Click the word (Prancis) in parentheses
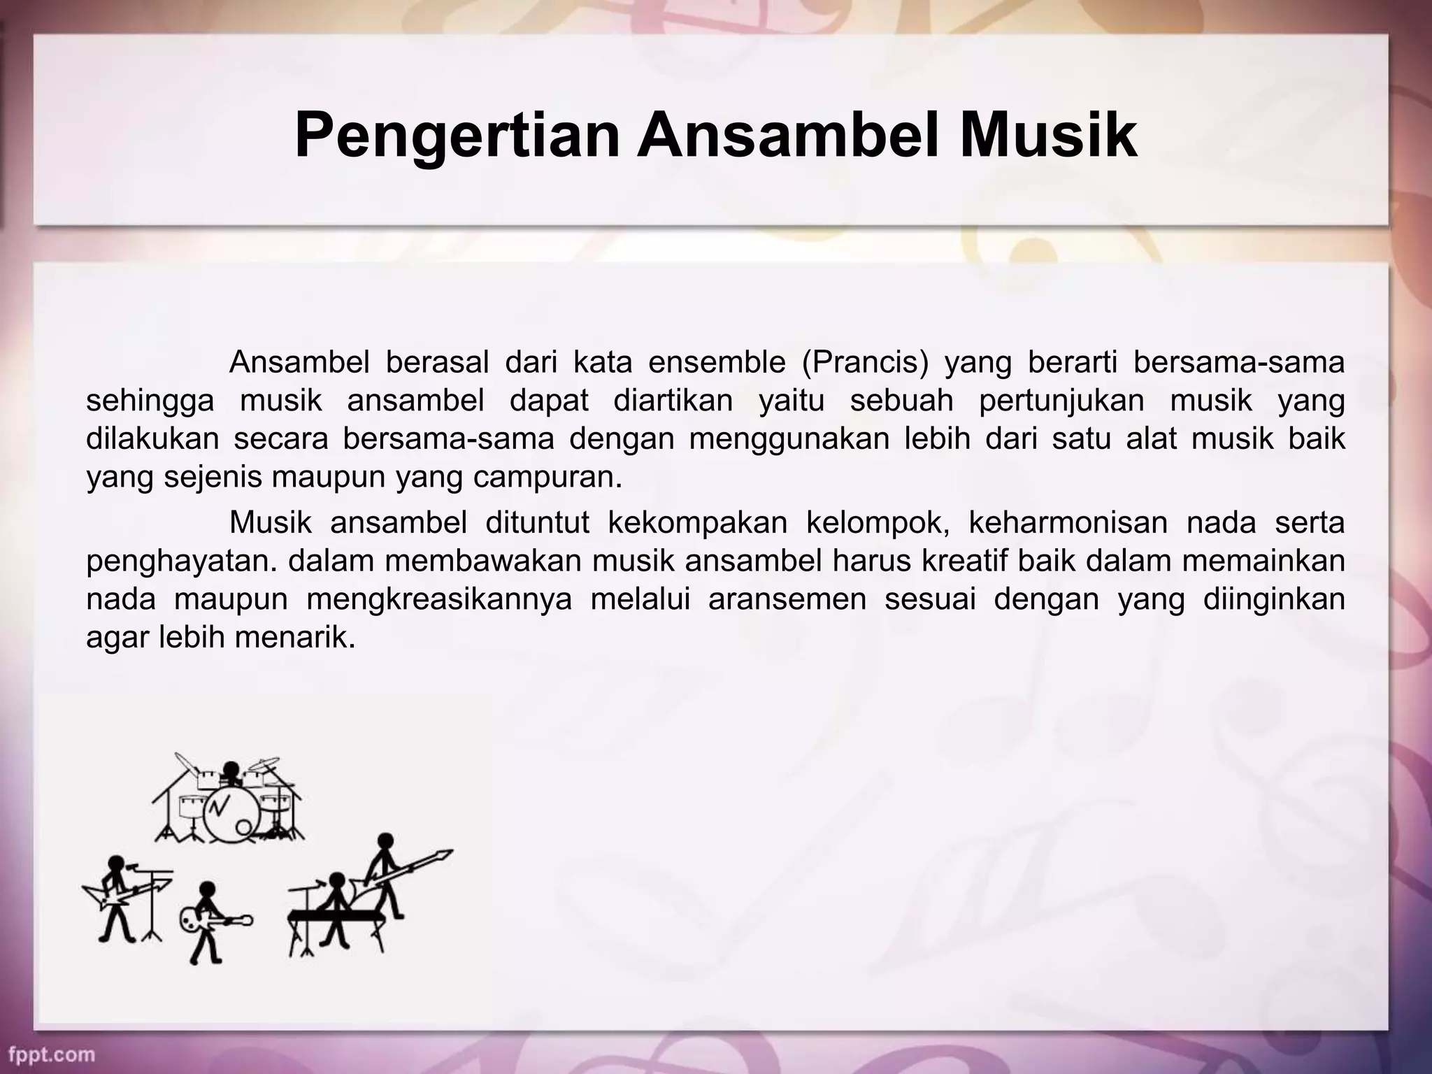coord(865,363)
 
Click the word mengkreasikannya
coord(438,600)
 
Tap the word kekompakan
coord(697,522)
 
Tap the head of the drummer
coord(231,769)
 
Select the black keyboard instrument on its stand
coord(336,917)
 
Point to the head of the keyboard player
coord(338,881)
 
